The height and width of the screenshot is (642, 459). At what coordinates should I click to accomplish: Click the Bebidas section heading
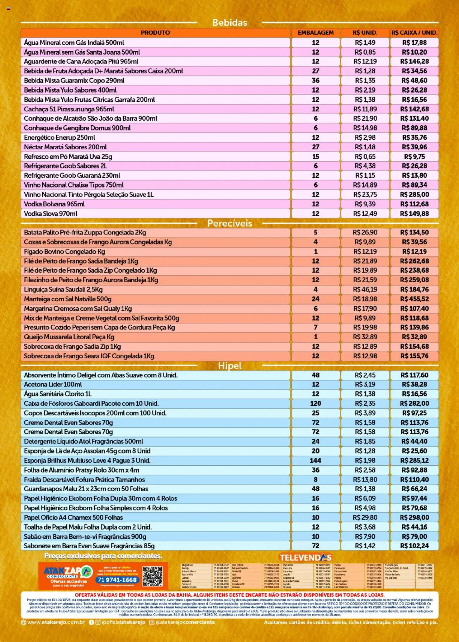(229, 23)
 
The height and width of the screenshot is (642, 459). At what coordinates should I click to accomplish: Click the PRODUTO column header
(155, 33)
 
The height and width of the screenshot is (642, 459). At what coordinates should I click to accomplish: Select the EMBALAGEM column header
(316, 33)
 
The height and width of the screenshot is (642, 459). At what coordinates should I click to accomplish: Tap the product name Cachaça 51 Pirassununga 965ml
(69, 109)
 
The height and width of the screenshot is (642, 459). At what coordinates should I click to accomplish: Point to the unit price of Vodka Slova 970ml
(365, 214)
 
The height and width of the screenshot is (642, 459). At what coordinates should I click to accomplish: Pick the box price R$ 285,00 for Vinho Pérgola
(414, 195)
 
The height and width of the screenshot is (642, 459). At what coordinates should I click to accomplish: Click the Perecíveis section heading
(229, 223)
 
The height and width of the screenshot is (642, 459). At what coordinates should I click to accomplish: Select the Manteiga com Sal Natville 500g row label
(68, 299)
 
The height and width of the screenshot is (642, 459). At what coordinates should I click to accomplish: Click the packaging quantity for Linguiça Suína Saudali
(316, 289)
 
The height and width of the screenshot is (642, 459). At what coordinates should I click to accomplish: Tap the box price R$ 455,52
(414, 299)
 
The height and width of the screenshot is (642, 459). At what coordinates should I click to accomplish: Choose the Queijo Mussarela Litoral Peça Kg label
(69, 337)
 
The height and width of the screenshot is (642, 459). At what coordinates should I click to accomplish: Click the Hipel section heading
(229, 366)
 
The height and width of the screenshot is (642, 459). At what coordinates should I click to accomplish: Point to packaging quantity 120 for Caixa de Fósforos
(316, 404)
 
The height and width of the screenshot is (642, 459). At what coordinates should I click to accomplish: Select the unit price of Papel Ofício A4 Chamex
(365, 518)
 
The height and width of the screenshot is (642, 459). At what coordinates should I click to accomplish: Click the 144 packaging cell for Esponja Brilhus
(316, 461)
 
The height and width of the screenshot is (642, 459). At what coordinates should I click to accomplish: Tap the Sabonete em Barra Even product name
(89, 546)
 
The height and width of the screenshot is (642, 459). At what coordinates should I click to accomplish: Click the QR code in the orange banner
(152, 576)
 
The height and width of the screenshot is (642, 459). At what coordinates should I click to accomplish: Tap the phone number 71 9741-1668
(117, 580)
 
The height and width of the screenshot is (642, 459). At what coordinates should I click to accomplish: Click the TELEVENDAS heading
(306, 558)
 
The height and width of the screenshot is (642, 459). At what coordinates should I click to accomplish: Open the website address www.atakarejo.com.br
(56, 622)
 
